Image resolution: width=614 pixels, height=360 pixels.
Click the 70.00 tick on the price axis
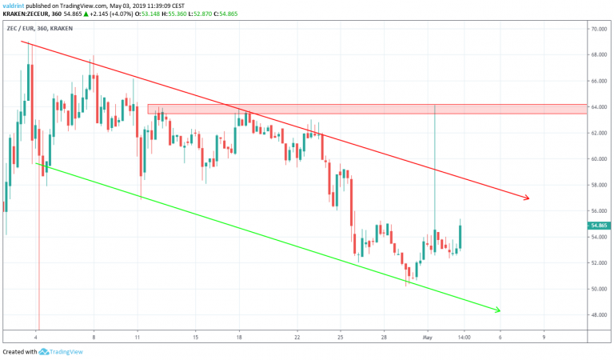click(x=598, y=29)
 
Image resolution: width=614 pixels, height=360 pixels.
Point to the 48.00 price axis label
click(x=598, y=314)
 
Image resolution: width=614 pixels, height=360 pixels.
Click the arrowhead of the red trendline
click(x=526, y=198)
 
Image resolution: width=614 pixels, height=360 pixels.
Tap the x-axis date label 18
click(x=239, y=337)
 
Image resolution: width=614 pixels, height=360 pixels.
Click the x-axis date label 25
click(x=341, y=337)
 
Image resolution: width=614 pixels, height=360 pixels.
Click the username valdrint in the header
click(x=18, y=5)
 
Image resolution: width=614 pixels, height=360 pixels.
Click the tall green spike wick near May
click(x=434, y=168)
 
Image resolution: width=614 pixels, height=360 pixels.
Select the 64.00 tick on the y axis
click(x=598, y=106)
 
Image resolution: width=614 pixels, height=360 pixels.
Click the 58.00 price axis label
click(x=598, y=185)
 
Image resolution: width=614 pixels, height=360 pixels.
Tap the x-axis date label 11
click(x=138, y=337)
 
